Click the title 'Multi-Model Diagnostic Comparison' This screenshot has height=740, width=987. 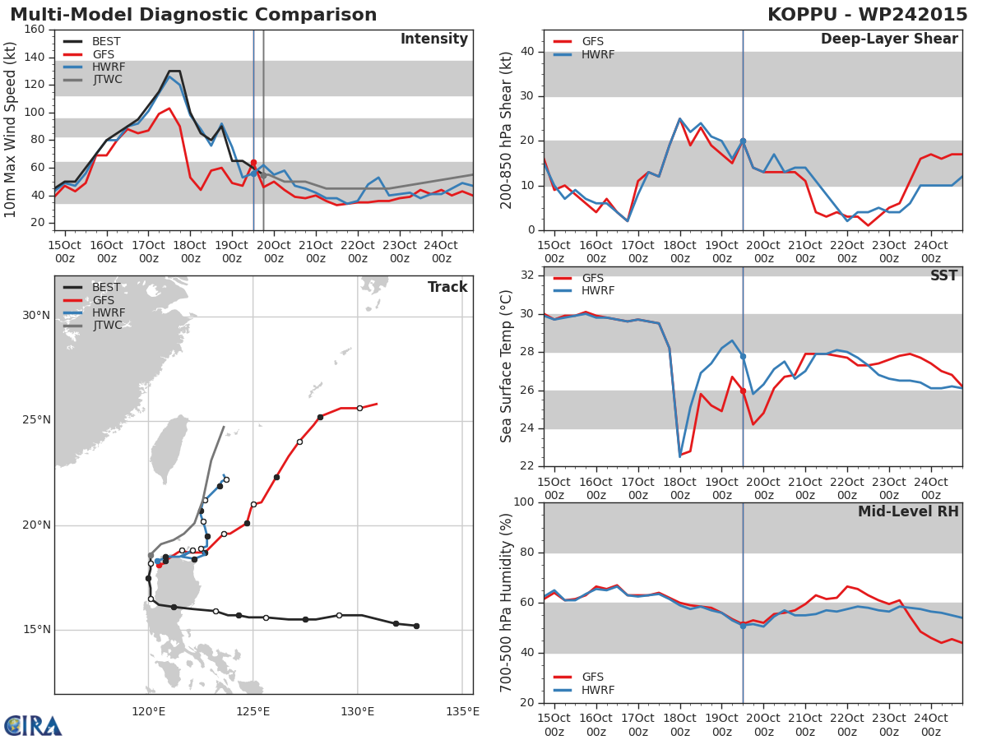tap(193, 15)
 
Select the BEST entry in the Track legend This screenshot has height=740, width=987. tap(106, 288)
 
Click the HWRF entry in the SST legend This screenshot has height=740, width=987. tap(598, 291)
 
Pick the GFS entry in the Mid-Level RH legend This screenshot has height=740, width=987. tap(592, 678)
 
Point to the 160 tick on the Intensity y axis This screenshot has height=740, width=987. tap(35, 30)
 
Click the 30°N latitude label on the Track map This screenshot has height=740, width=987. tap(36, 316)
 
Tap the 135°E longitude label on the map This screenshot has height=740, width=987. tap(462, 711)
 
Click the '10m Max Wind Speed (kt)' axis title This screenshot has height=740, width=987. tap(11, 130)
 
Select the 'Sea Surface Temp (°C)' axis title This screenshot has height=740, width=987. tap(507, 367)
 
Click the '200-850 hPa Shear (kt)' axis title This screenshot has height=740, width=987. tap(507, 130)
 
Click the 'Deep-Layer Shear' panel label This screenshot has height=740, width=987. tap(889, 39)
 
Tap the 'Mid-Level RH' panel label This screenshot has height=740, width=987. tap(907, 512)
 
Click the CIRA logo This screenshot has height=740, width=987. tap(33, 725)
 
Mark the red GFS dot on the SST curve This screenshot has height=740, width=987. tap(743, 391)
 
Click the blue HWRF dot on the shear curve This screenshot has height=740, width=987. tap(743, 141)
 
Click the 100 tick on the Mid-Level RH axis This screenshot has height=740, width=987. tap(524, 502)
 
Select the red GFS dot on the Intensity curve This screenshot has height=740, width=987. tap(253, 163)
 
